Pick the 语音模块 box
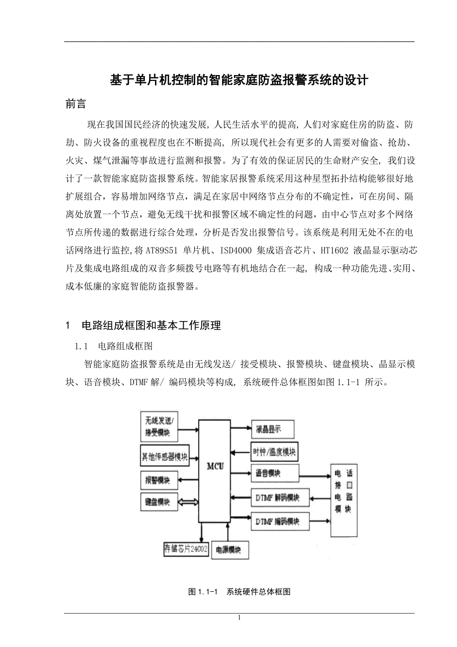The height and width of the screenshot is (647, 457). click(x=275, y=474)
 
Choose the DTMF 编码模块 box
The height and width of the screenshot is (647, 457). click(x=280, y=521)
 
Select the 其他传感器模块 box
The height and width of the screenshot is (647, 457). click(x=164, y=457)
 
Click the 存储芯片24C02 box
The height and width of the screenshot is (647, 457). click(x=186, y=549)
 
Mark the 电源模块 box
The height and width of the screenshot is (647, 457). click(x=229, y=550)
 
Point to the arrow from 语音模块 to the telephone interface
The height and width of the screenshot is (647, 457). click(x=315, y=474)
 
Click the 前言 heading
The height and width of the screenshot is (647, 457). click(x=76, y=104)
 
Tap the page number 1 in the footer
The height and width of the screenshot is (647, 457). click(x=239, y=618)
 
